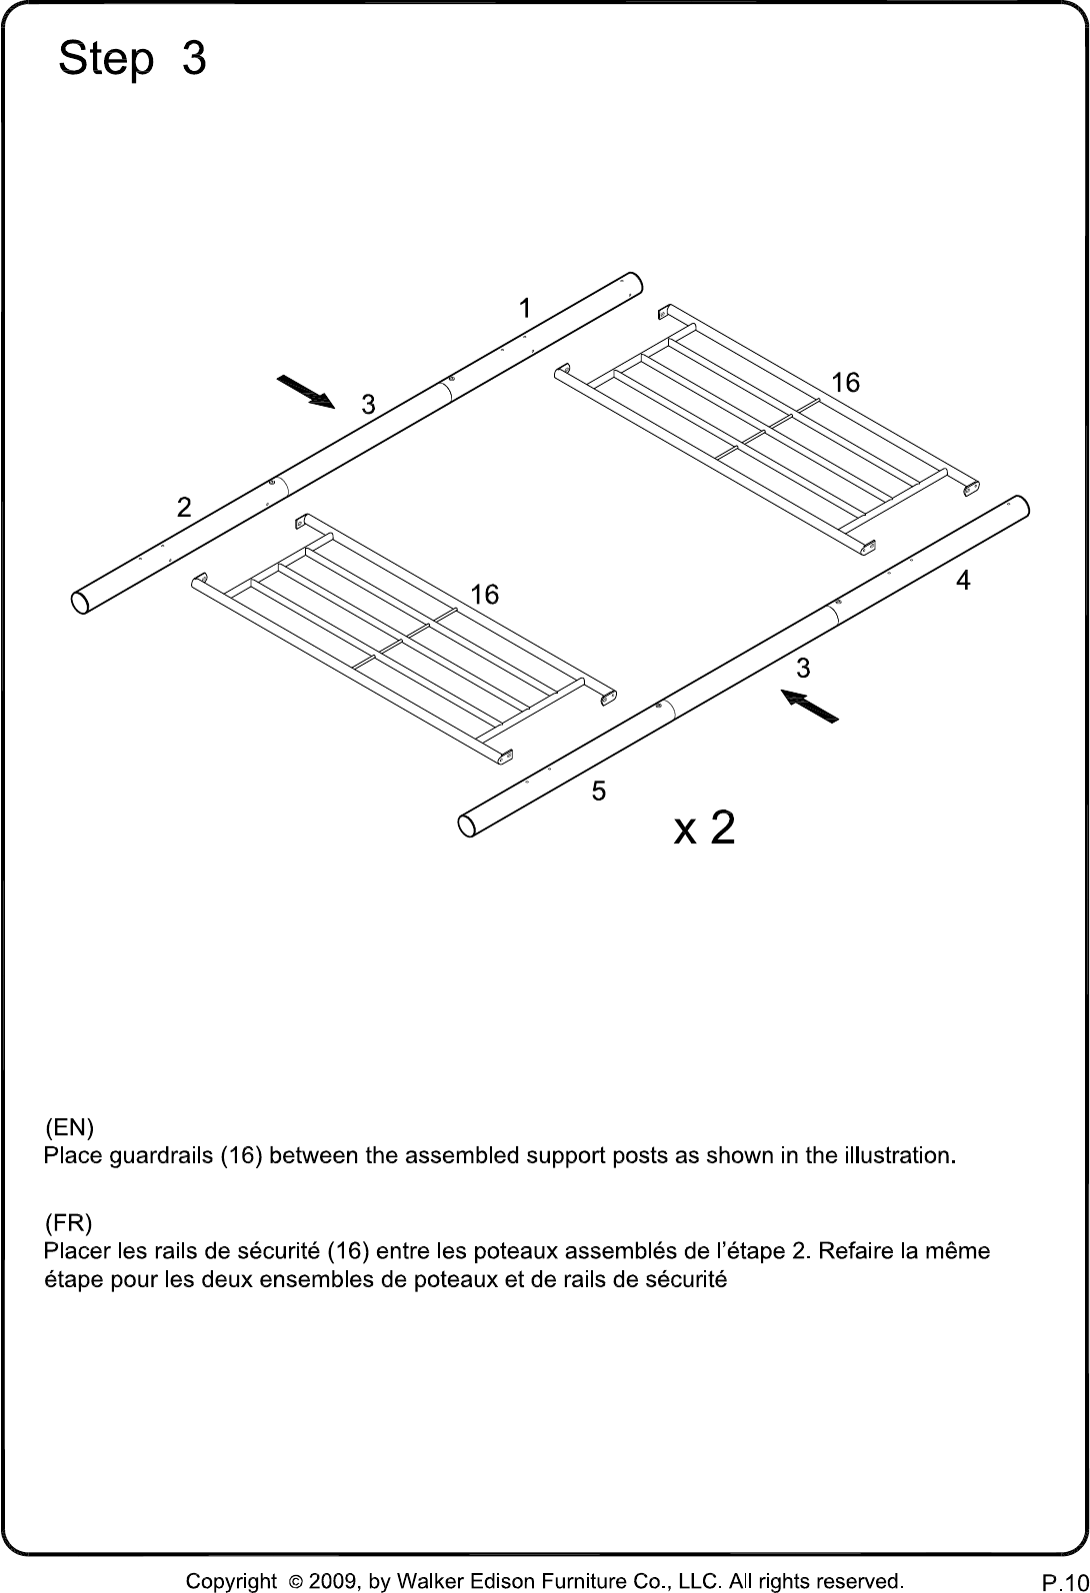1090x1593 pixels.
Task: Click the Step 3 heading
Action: pos(132,58)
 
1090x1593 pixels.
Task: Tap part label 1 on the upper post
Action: pos(524,309)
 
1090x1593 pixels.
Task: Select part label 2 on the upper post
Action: pos(184,508)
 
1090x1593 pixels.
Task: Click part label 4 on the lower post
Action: pos(963,581)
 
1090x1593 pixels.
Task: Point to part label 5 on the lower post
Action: pos(599,791)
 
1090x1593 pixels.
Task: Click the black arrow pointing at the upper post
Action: pos(305,391)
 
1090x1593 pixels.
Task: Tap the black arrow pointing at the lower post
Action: pos(810,707)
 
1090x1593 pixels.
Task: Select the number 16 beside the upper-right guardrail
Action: pos(846,383)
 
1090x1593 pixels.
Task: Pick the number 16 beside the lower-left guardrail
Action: pos(485,594)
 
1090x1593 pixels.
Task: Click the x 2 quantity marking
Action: pos(704,827)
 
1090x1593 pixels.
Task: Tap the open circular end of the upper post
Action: pos(80,602)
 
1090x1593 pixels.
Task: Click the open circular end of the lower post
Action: pos(467,824)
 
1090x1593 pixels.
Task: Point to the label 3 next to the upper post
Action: pos(369,405)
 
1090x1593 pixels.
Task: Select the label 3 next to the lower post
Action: pos(803,668)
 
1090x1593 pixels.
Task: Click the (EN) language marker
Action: pos(69,1127)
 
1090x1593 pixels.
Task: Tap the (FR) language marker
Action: pos(68,1223)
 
